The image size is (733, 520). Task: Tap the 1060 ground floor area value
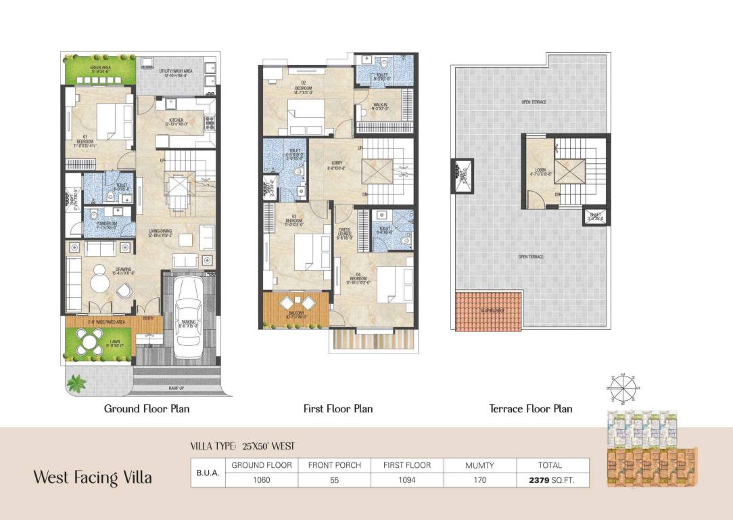[x=262, y=479]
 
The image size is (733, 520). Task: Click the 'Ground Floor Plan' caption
[x=147, y=409]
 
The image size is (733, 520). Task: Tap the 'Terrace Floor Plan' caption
[x=531, y=409]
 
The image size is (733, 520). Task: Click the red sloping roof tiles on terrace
[x=489, y=311]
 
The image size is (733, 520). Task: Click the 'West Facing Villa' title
[x=93, y=477]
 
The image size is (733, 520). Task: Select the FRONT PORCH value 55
[x=334, y=479]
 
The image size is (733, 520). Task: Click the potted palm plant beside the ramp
[x=76, y=383]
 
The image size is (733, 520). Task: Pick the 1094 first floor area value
[x=407, y=479]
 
